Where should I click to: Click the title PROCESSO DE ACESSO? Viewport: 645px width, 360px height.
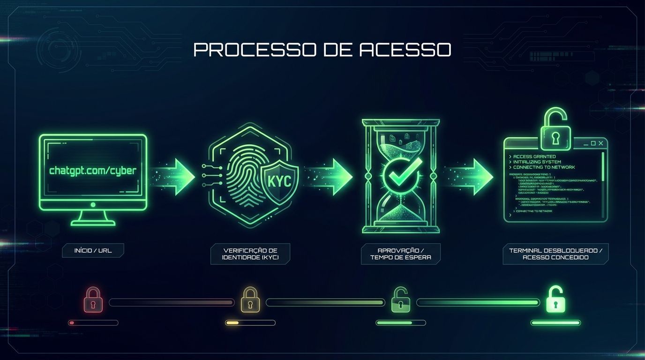pyautogui.click(x=322, y=50)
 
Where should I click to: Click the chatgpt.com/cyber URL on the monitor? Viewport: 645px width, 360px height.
pyautogui.click(x=93, y=171)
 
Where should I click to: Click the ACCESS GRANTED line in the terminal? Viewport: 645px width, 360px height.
pyautogui.click(x=534, y=157)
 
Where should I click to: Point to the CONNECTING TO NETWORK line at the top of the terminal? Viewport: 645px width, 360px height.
pyautogui.click(x=544, y=167)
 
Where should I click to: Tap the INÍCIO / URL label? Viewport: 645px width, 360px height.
pyautogui.click(x=93, y=251)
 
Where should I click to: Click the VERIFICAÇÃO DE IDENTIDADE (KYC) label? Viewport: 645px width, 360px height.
pyautogui.click(x=250, y=254)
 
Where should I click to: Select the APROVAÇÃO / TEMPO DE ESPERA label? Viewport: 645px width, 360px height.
pyautogui.click(x=400, y=254)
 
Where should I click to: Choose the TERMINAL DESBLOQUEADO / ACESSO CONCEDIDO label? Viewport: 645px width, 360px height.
pyautogui.click(x=555, y=254)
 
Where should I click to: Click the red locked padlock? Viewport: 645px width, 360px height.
pyautogui.click(x=93, y=300)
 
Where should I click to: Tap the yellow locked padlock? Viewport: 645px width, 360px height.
pyautogui.click(x=250, y=300)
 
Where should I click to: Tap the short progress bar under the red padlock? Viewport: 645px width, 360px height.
pyautogui.click(x=93, y=323)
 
